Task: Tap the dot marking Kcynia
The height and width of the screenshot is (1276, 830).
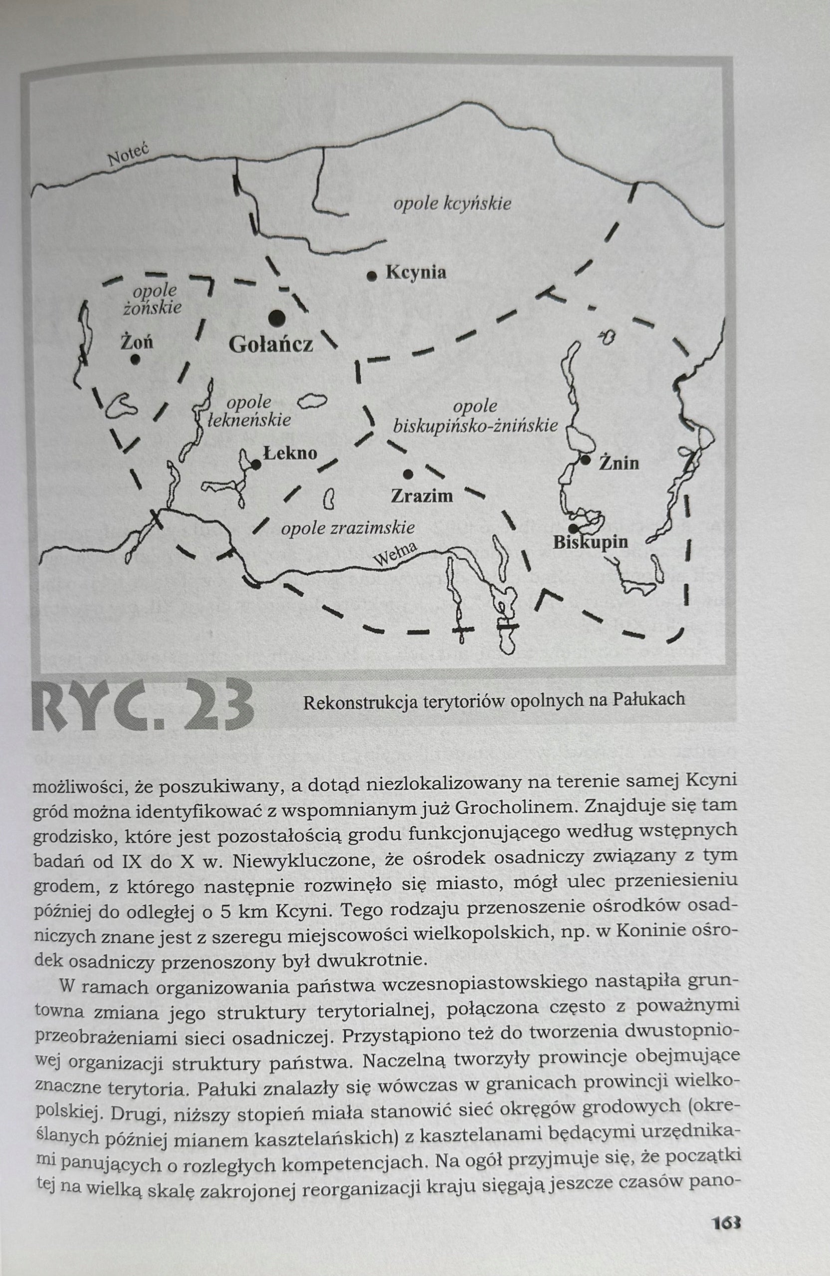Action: [x=371, y=276]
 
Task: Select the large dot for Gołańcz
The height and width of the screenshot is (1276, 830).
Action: [x=277, y=318]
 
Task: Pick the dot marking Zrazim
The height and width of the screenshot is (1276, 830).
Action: [x=408, y=474]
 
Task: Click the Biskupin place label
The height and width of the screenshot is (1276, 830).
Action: [x=590, y=542]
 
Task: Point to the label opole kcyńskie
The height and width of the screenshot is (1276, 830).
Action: [x=452, y=204]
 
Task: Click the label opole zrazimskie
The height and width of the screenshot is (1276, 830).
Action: [x=348, y=528]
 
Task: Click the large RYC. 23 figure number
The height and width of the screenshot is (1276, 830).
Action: [x=143, y=705]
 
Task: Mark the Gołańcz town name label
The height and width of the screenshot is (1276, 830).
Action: [x=270, y=345]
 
